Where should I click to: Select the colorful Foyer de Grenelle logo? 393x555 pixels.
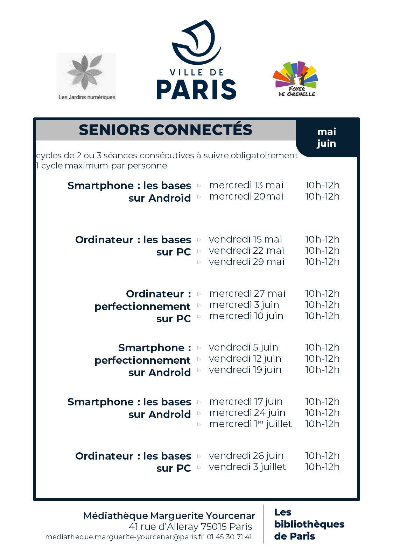pyautogui.click(x=296, y=79)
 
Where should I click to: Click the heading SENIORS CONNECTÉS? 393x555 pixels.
pyautogui.click(x=165, y=130)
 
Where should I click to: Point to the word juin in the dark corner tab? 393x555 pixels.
pyautogui.click(x=326, y=143)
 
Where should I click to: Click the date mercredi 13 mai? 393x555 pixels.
pyautogui.click(x=246, y=185)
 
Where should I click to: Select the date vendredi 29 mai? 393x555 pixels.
pyautogui.click(x=246, y=262)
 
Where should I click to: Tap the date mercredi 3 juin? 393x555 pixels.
pyautogui.click(x=244, y=305)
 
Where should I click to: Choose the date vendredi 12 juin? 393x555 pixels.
pyautogui.click(x=245, y=359)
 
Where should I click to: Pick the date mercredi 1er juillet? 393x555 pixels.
pyautogui.click(x=250, y=424)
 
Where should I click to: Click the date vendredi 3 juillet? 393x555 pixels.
pyautogui.click(x=247, y=467)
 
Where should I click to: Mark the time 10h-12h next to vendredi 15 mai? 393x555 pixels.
pyautogui.click(x=322, y=239)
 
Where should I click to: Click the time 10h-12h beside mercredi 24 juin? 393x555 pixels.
pyautogui.click(x=322, y=413)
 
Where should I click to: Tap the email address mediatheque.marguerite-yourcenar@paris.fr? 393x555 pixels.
pyautogui.click(x=124, y=537)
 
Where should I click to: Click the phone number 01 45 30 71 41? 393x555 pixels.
pyautogui.click(x=229, y=537)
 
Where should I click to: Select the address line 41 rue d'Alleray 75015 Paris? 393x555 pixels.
pyautogui.click(x=190, y=526)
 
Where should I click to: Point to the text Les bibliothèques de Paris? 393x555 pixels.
pyautogui.click(x=309, y=524)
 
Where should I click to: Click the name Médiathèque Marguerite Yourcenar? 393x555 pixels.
pyautogui.click(x=169, y=516)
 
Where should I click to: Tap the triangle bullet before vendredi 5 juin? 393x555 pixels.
pyautogui.click(x=199, y=348)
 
